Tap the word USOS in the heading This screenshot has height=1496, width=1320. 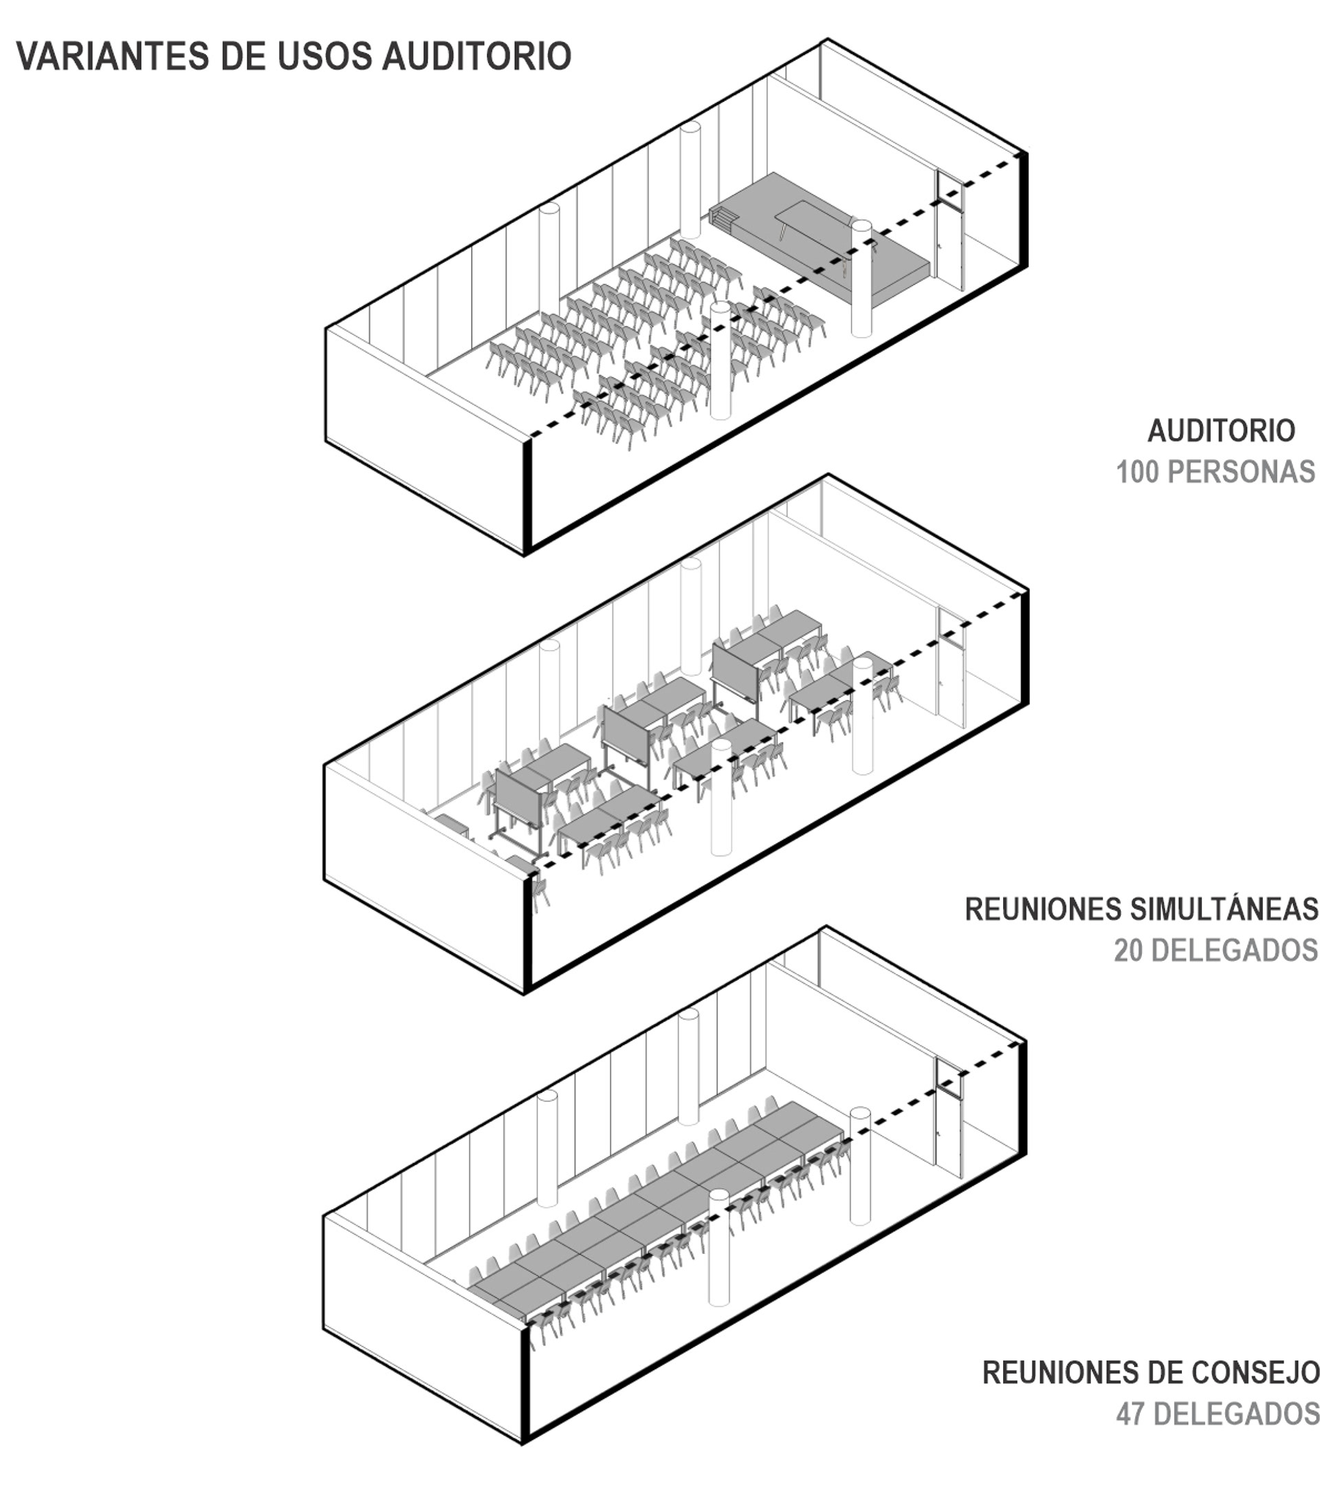[323, 56]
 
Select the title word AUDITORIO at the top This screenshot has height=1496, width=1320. [476, 56]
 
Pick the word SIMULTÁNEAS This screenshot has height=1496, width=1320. [1224, 909]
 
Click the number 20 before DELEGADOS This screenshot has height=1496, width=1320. [1129, 950]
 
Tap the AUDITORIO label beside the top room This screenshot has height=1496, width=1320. [1220, 431]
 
